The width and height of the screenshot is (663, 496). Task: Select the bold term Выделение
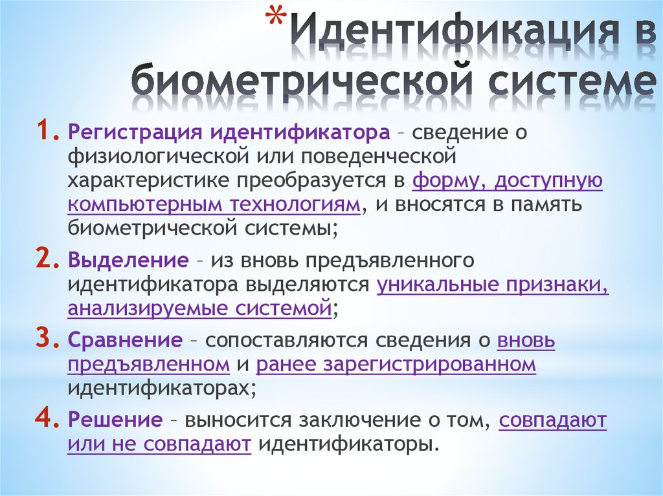(128, 261)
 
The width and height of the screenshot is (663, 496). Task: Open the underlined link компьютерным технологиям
(214, 205)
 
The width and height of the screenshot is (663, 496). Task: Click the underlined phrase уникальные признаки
(493, 285)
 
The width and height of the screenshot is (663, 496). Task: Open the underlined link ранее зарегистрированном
(396, 364)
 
